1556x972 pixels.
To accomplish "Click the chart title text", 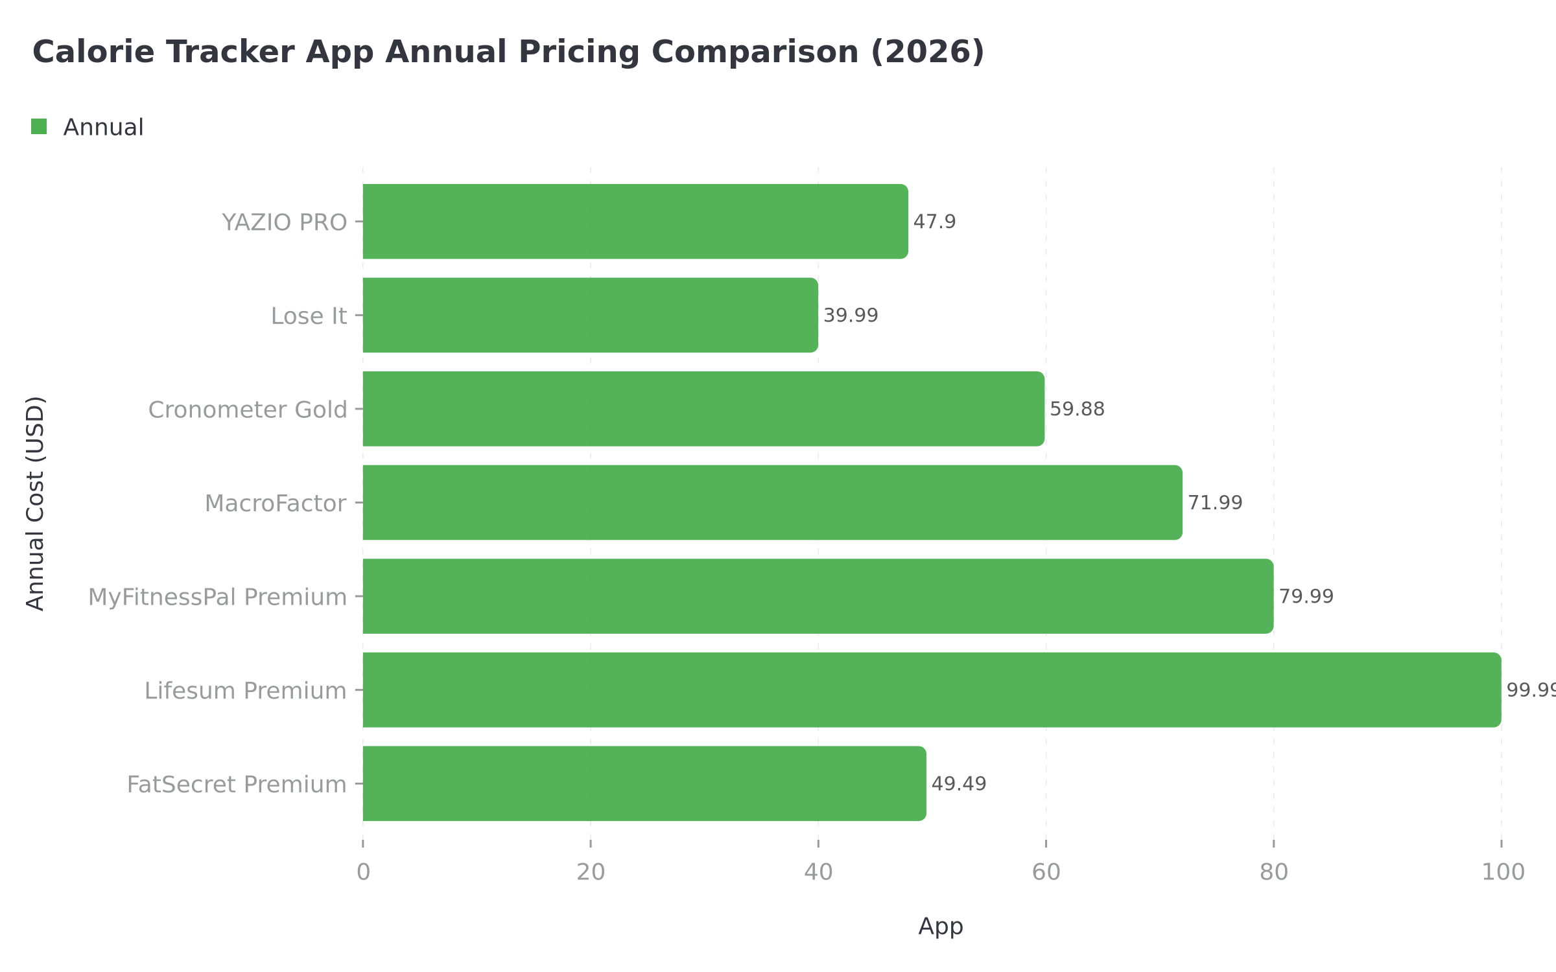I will pyautogui.click(x=508, y=52).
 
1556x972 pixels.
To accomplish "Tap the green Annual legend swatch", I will pyautogui.click(x=39, y=127).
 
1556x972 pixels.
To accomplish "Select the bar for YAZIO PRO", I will pyautogui.click(x=635, y=222).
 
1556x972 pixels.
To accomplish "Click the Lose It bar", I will pyautogui.click(x=590, y=315).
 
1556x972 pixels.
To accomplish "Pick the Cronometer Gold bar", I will pyautogui.click(x=703, y=409).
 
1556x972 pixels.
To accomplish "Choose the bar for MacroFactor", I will pyautogui.click(x=772, y=502).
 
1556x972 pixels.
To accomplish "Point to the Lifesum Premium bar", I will pyautogui.click(x=932, y=689).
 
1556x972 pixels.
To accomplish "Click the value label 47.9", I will pyautogui.click(x=934, y=222).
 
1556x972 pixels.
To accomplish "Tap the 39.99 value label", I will pyautogui.click(x=850, y=316).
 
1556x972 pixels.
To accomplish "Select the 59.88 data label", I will pyautogui.click(x=1077, y=409).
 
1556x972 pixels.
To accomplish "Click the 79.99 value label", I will pyautogui.click(x=1306, y=596).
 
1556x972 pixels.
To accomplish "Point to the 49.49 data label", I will pyautogui.click(x=958, y=783).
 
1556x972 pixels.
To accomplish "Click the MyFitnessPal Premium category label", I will pyautogui.click(x=217, y=597).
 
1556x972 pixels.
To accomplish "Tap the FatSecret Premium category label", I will pyautogui.click(x=237, y=784).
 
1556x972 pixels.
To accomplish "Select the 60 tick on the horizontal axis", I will pyautogui.click(x=1046, y=872).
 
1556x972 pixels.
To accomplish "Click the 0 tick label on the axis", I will pyautogui.click(x=363, y=872).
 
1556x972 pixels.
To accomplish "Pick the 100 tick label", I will pyautogui.click(x=1502, y=872).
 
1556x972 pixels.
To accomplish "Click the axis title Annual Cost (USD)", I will pyautogui.click(x=35, y=503).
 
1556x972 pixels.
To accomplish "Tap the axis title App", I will pyautogui.click(x=940, y=926).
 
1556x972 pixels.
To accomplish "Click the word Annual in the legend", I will pyautogui.click(x=103, y=127).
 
